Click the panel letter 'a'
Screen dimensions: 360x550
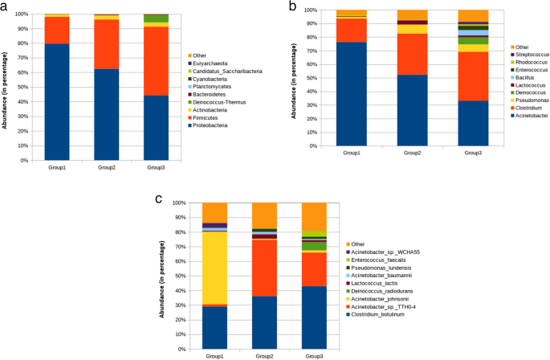point(6,7)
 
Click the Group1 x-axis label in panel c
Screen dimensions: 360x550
point(215,353)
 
